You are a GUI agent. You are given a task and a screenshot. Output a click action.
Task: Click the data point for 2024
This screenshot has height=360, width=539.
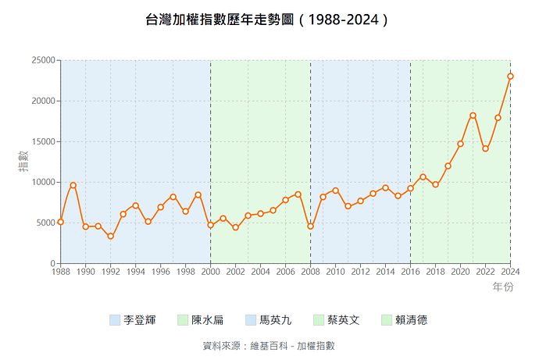pos(510,77)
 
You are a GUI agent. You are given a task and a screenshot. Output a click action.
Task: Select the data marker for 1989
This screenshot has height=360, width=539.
pos(73,185)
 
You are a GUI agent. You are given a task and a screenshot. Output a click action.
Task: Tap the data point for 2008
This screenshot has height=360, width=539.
pos(310,226)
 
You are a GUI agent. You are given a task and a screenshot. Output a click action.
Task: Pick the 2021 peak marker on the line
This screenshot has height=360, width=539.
pos(473,116)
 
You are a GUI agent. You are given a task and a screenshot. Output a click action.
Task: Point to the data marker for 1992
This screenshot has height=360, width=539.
pos(110,236)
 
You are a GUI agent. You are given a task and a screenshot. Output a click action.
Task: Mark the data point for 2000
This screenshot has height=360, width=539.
pos(210,226)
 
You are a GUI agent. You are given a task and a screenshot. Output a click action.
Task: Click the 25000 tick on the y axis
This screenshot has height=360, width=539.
pos(42,60)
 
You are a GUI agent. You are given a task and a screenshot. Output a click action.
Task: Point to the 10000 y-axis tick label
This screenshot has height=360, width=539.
pos(42,182)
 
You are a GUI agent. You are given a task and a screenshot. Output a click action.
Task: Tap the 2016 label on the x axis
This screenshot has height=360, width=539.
pos(410,272)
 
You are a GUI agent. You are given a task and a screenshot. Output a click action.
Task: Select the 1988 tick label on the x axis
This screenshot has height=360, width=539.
pos(60,272)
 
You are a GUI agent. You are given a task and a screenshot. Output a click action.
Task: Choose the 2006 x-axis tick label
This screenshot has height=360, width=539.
pos(285,272)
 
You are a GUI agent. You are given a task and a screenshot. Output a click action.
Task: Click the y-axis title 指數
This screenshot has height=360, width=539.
pos(23,162)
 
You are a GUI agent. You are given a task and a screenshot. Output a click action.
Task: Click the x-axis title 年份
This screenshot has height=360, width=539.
pos(503,287)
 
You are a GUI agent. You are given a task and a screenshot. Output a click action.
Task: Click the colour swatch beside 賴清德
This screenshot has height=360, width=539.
pos(387,320)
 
